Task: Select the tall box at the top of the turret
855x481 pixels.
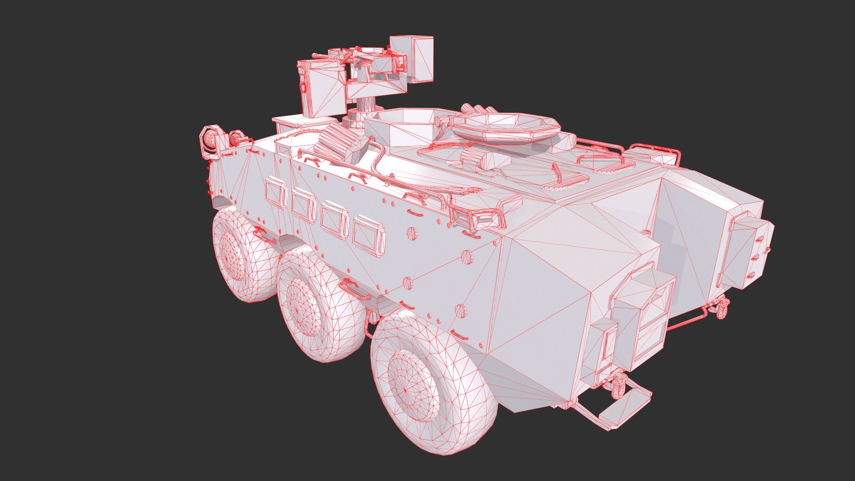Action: coord(411,59)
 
